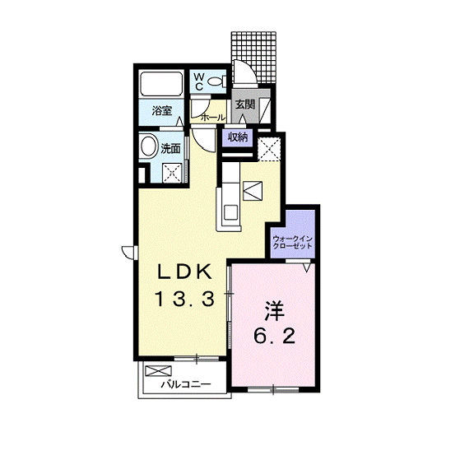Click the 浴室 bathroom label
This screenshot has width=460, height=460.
(x=162, y=111)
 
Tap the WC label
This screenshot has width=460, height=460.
(x=199, y=81)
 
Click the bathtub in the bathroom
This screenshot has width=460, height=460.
(x=160, y=84)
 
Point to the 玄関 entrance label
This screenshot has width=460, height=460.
(x=245, y=105)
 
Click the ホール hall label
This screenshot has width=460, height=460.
(x=213, y=118)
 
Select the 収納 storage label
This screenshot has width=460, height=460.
(x=238, y=137)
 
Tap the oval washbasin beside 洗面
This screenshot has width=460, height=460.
(x=149, y=146)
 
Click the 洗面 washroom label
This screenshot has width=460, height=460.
(x=170, y=149)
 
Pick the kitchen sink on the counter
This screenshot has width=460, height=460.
(x=230, y=211)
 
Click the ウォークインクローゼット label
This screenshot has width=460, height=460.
(x=292, y=242)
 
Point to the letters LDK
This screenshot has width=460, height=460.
(x=184, y=272)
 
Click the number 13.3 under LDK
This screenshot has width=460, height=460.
(x=185, y=300)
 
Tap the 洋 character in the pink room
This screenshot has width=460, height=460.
(x=274, y=311)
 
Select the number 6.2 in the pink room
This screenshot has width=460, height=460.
(x=274, y=337)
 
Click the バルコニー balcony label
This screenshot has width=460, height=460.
(x=186, y=384)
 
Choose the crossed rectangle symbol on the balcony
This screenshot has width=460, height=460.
(x=158, y=371)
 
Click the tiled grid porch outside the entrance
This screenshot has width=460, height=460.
(x=253, y=57)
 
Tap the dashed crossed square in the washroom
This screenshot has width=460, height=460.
(x=172, y=173)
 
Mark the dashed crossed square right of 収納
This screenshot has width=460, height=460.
(x=269, y=149)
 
